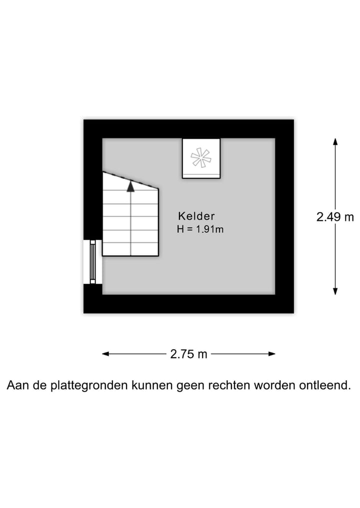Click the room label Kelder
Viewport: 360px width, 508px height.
click(196, 216)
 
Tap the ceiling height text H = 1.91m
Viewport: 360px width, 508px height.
click(200, 229)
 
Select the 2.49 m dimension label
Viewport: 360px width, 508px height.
click(335, 217)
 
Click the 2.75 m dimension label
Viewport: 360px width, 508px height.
click(188, 354)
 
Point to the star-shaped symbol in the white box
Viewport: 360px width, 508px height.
click(201, 158)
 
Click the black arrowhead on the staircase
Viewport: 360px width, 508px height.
click(130, 186)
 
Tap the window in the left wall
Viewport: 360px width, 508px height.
click(93, 262)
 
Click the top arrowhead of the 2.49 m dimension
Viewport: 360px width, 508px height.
click(335, 141)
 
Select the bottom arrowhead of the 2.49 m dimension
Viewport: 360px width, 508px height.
click(335, 291)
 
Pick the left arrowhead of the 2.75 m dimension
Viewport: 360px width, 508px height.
click(105, 354)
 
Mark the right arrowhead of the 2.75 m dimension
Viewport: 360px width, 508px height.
click(272, 354)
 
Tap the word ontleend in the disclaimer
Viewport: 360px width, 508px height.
click(324, 385)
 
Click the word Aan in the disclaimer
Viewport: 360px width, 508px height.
click(16, 385)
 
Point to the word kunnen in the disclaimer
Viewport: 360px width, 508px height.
click(152, 385)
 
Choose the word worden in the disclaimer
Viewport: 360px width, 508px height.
click(274, 385)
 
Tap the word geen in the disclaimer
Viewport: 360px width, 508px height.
click(190, 386)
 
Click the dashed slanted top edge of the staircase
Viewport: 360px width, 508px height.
click(130, 180)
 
